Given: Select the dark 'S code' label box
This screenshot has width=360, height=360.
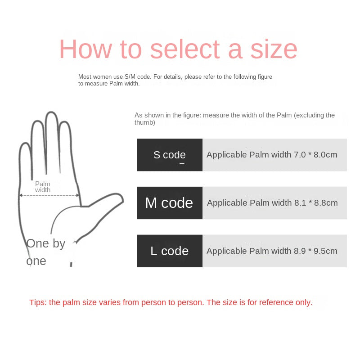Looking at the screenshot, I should tap(169, 155).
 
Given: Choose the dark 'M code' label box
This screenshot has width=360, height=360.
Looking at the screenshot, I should tap(169, 203).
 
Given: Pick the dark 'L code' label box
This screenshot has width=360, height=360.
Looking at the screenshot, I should tap(169, 251).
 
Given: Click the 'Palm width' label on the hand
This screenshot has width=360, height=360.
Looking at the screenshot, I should tap(43, 187).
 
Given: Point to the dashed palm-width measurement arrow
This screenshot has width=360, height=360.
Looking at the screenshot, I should tap(49, 195).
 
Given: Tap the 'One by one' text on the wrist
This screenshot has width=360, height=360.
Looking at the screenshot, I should tap(45, 252).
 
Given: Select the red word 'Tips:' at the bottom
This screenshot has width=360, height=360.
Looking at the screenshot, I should tap(38, 302).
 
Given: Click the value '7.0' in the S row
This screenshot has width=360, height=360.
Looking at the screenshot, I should tap(300, 155).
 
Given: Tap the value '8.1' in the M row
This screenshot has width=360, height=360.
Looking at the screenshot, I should tap(300, 203).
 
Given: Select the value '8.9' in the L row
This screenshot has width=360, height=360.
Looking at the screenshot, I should tap(300, 251).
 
